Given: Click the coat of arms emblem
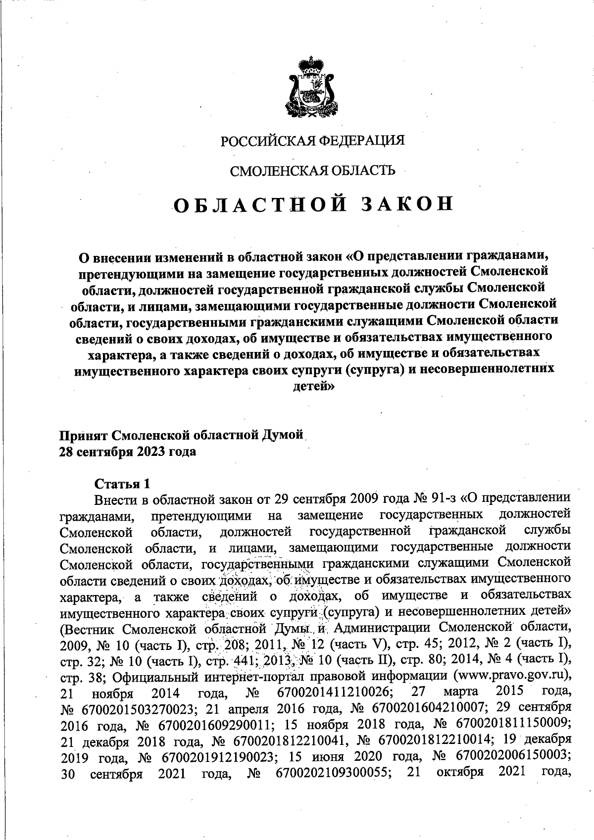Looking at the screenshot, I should pyautogui.click(x=311, y=89).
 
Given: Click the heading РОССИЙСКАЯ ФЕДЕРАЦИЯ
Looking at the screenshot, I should pyautogui.click(x=312, y=141).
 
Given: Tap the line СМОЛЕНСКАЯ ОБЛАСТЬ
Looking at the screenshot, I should pyautogui.click(x=312, y=171).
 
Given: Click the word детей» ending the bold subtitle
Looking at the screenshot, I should pyautogui.click(x=312, y=386).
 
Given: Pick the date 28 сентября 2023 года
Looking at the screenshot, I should pyautogui.click(x=127, y=451).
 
